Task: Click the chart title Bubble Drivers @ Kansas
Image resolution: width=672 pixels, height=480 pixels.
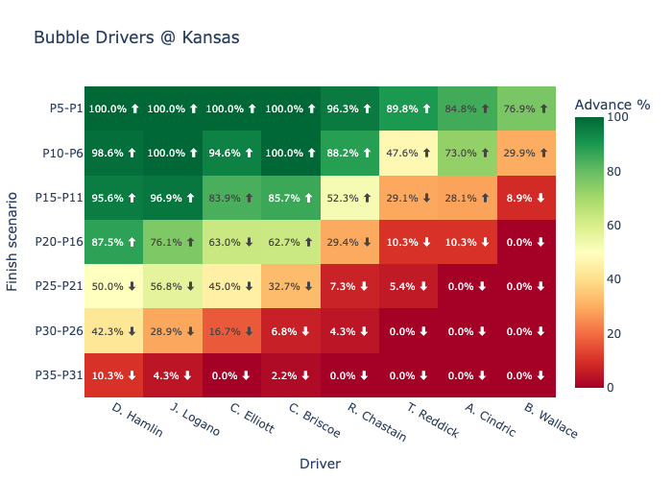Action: pyautogui.click(x=136, y=38)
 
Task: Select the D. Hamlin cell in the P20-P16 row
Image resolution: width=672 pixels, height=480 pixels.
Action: pyautogui.click(x=114, y=242)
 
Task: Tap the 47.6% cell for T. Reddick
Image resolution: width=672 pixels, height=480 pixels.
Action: pyautogui.click(x=409, y=153)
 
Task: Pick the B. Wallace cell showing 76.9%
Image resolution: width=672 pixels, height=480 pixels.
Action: pyautogui.click(x=526, y=108)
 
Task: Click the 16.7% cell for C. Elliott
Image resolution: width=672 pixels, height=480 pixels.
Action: pyautogui.click(x=231, y=331)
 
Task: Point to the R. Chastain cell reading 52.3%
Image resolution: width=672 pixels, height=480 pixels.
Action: pyautogui.click(x=349, y=198)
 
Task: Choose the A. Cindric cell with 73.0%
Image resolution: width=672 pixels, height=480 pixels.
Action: pyautogui.click(x=468, y=153)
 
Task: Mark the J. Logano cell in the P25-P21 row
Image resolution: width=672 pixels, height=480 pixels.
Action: pyautogui.click(x=173, y=286)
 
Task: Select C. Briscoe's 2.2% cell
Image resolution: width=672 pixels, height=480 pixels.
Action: pyautogui.click(x=291, y=375)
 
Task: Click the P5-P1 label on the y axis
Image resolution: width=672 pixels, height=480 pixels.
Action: pyautogui.click(x=65, y=108)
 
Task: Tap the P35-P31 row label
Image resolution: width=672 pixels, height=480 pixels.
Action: pyautogui.click(x=60, y=375)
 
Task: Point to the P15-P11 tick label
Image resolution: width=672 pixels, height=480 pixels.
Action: pyautogui.click(x=60, y=198)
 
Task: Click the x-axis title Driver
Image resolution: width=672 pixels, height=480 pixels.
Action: pyautogui.click(x=320, y=463)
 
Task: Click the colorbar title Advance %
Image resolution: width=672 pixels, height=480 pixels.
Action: pyautogui.click(x=612, y=105)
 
